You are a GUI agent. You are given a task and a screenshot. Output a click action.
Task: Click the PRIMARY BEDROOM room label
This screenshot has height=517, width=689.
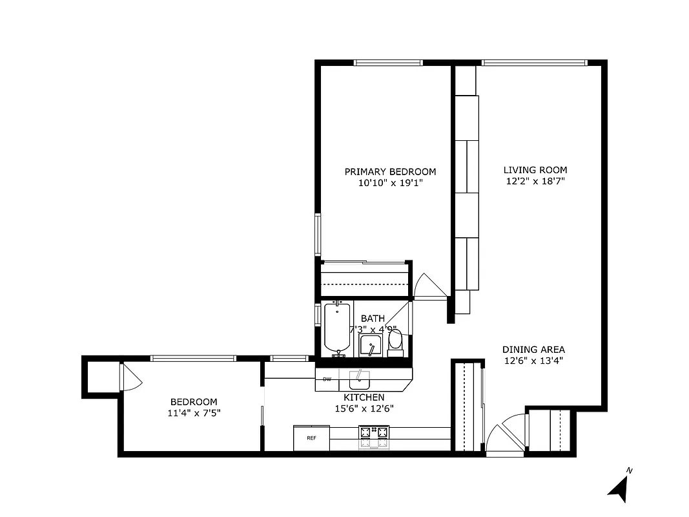[x=390, y=172]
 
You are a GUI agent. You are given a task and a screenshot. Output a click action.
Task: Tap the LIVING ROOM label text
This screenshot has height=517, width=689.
[x=535, y=170]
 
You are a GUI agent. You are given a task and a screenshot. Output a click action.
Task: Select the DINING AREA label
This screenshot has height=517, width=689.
[x=533, y=350]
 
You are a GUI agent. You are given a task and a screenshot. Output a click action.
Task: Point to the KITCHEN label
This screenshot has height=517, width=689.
[x=364, y=397]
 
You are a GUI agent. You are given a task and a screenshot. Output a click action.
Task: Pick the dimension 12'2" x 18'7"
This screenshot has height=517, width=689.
[x=535, y=182]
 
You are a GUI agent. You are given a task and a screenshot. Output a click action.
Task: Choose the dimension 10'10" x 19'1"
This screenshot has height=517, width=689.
[x=390, y=183]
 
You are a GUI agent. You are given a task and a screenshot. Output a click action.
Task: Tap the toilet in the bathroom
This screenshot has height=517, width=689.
[x=395, y=342]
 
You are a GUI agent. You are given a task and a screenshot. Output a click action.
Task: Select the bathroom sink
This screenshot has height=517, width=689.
[x=371, y=346]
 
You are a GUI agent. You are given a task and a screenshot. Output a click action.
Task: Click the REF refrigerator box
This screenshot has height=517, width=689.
[x=311, y=438]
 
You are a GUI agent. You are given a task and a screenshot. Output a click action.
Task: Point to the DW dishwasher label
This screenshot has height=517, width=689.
[x=327, y=379]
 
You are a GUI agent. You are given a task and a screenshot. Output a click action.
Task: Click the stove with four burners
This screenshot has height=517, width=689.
[x=374, y=438]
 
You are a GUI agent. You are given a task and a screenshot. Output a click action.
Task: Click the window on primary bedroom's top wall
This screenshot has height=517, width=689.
[x=388, y=63]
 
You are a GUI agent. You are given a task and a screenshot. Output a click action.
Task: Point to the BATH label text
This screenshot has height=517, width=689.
[x=373, y=319]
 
